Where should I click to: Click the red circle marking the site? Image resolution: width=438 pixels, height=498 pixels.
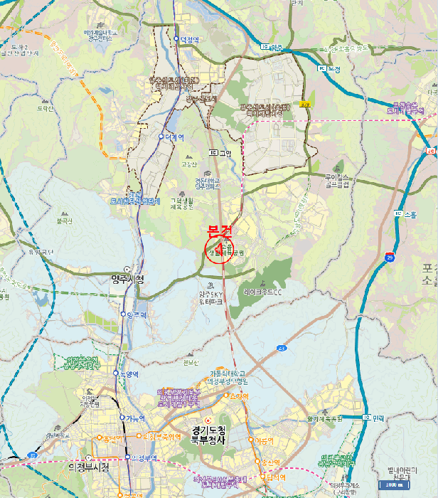[218, 250]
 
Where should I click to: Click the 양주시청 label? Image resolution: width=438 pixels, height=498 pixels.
[128, 279]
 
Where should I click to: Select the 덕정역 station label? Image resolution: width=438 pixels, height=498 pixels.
[188, 39]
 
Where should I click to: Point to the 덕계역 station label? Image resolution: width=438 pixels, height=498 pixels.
[173, 137]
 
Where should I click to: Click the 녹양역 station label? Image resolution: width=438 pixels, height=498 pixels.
[128, 373]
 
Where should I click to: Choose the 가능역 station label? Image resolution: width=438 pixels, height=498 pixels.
[134, 418]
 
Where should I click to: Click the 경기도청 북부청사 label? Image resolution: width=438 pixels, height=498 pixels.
[208, 435]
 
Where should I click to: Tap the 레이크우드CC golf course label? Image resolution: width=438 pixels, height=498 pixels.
[264, 292]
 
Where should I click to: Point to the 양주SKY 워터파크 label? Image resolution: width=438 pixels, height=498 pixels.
[213, 296]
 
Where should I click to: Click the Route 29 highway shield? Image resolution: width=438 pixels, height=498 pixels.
[390, 257]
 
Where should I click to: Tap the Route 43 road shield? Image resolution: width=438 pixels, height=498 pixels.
[282, 348]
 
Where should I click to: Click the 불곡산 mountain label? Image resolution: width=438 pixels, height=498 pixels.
[64, 221]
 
